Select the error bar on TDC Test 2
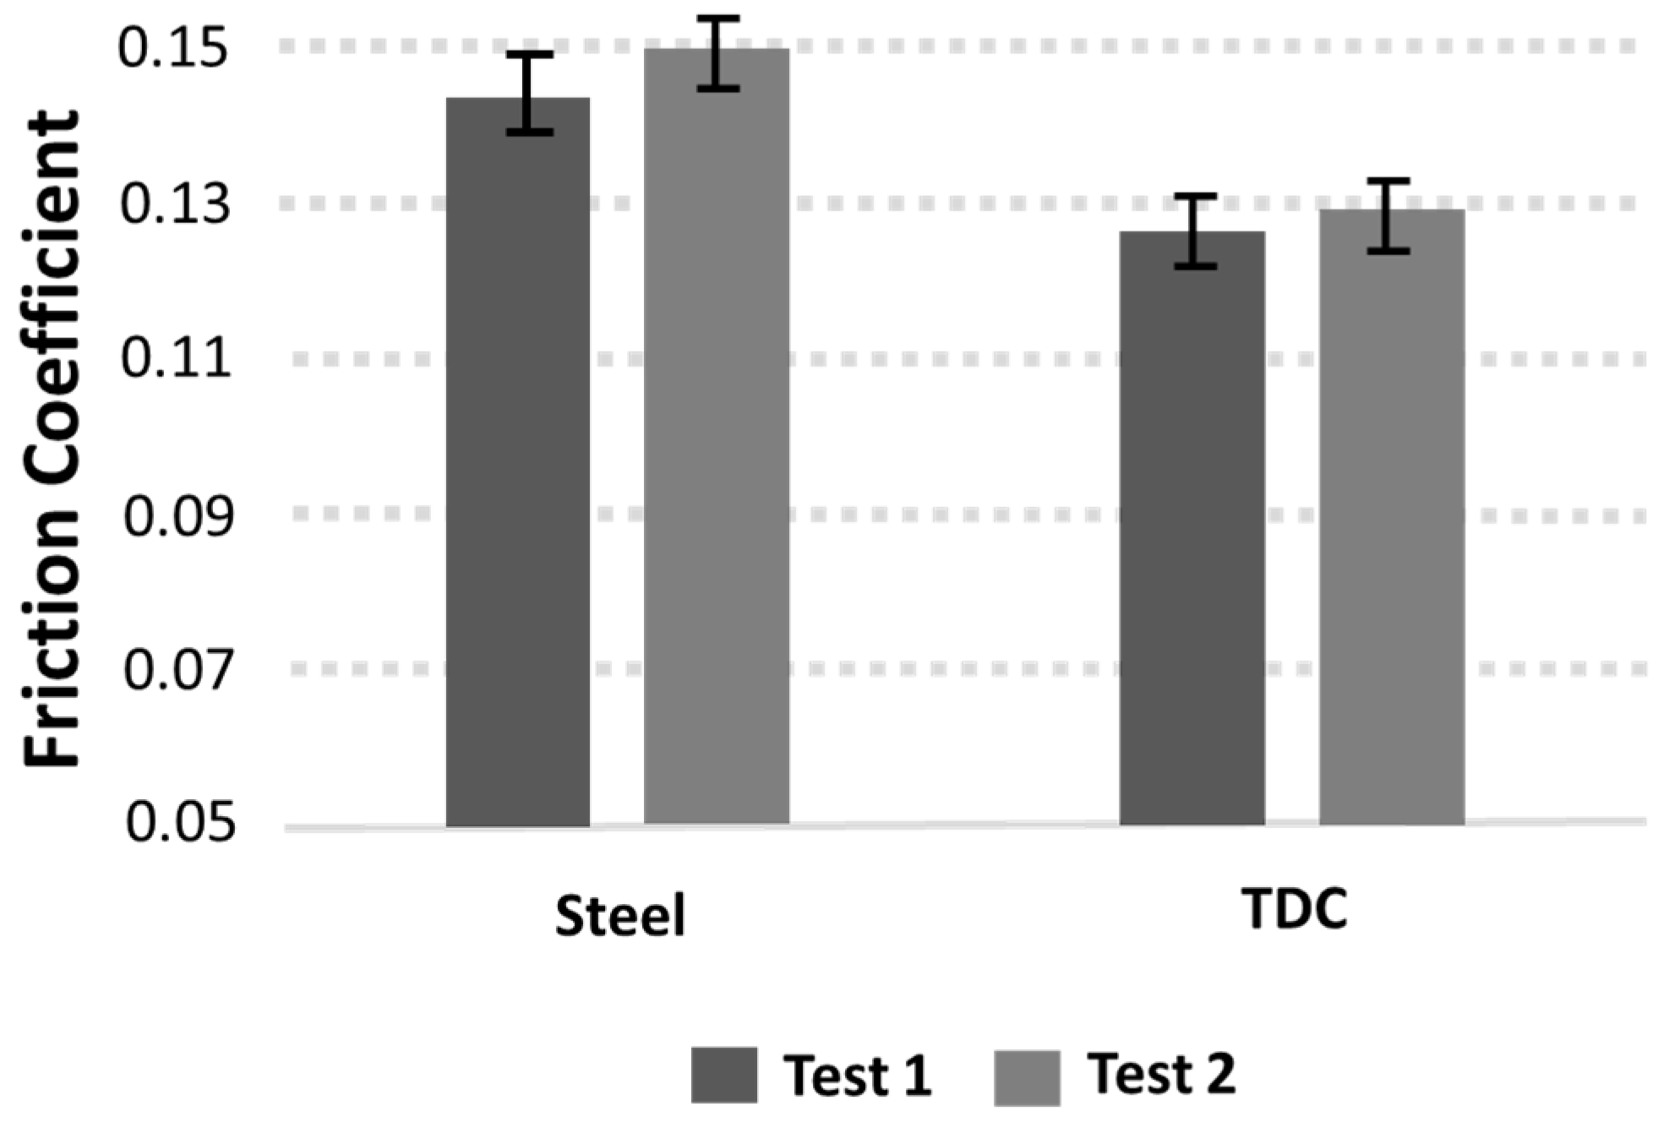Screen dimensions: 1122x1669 point(1388,215)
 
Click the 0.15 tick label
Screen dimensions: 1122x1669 point(173,49)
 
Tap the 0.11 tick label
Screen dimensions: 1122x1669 point(176,359)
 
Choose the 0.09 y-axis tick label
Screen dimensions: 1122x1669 point(177,515)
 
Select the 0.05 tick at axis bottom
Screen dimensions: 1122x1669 point(179,823)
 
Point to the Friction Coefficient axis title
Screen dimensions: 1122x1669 point(52,439)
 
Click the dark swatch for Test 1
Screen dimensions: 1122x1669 point(723,1075)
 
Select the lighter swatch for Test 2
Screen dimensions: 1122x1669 point(1027,1076)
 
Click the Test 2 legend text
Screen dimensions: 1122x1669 point(1162,1073)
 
